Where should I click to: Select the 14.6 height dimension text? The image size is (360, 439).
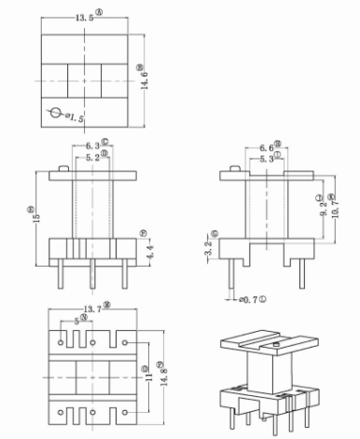click(141, 75)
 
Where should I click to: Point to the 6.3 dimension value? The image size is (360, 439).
click(92, 146)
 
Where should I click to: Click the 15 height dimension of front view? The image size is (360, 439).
click(32, 213)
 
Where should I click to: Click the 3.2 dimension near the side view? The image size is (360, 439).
click(209, 249)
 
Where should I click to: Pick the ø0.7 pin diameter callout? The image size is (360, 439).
click(249, 300)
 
